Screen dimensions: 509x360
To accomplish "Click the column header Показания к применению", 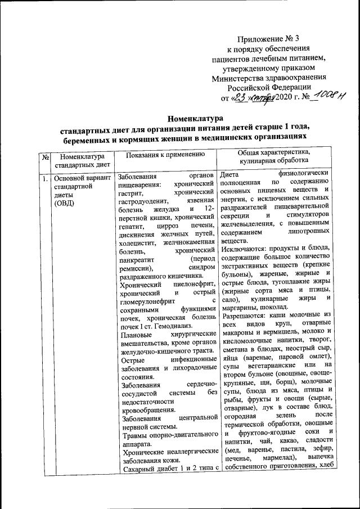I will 165,154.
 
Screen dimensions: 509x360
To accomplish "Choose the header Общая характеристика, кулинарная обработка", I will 274,157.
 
